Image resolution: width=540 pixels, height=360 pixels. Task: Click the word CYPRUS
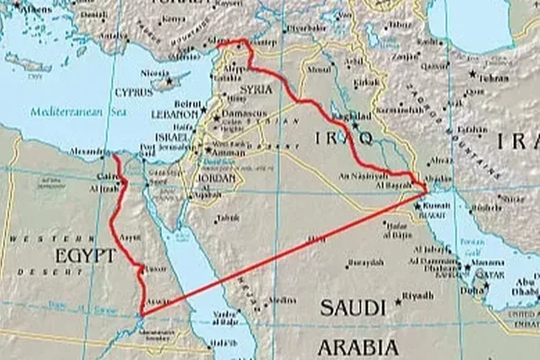[134, 92]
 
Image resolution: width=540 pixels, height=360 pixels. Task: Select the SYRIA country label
[255, 89]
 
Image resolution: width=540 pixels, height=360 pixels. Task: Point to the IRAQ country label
[342, 138]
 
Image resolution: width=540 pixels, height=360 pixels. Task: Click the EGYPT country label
[86, 256]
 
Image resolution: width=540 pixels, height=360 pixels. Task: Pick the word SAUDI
[352, 308]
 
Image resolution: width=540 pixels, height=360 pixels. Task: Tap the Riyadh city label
[419, 296]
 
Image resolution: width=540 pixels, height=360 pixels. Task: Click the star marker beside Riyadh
[398, 302]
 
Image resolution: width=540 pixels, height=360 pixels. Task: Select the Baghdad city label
[354, 117]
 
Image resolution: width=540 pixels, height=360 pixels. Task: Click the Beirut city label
[187, 104]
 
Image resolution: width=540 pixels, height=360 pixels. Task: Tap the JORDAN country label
[215, 178]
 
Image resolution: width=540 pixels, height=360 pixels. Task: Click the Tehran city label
[494, 78]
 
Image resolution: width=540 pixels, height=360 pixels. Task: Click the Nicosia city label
[155, 73]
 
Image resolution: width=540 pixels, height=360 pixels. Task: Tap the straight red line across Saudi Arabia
[281, 254]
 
